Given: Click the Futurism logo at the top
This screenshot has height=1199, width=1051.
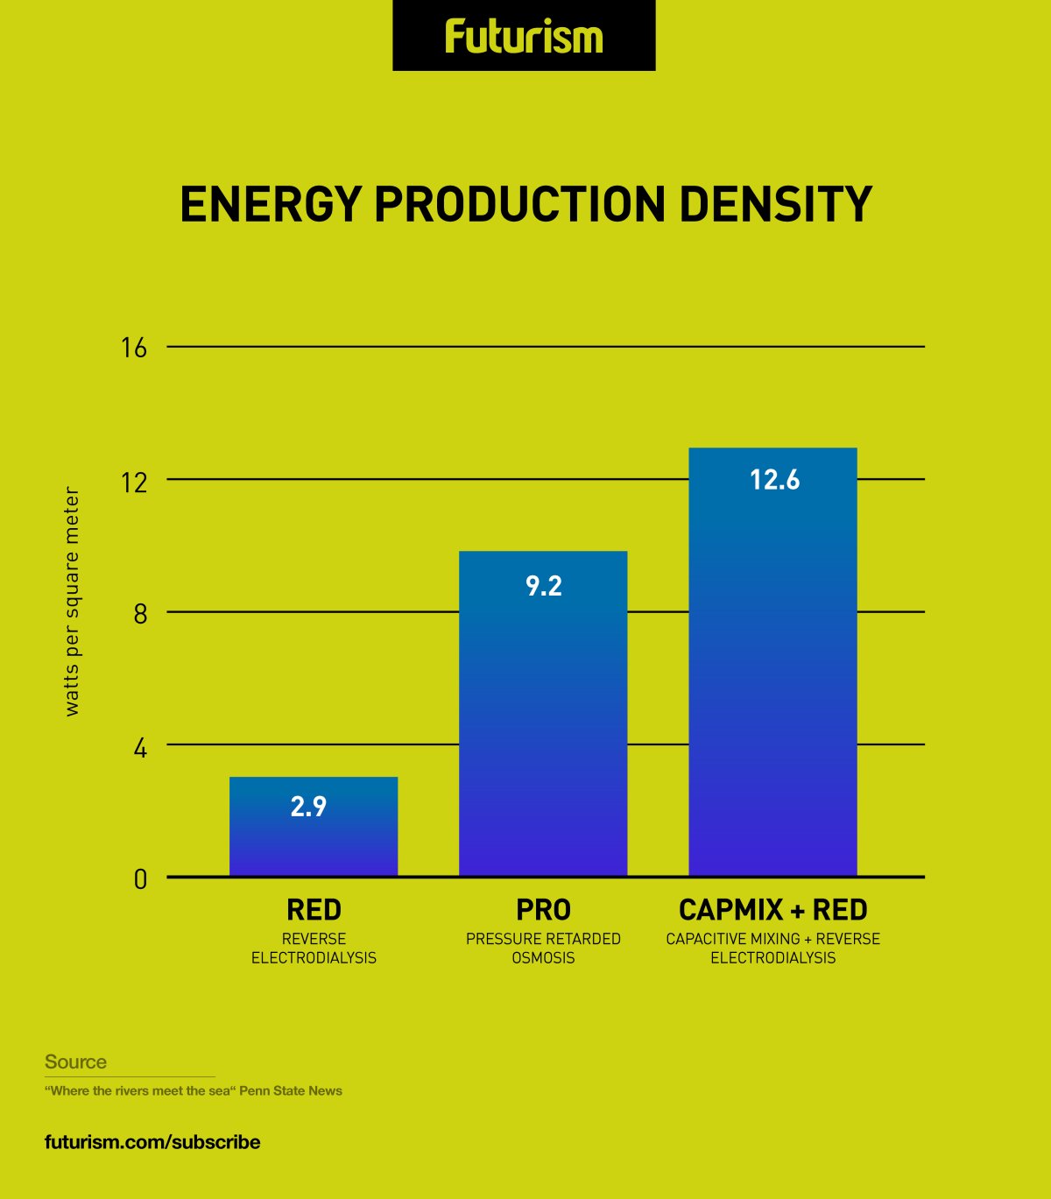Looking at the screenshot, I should click(x=524, y=37).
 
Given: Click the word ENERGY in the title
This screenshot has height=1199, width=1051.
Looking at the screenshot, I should click(x=270, y=205).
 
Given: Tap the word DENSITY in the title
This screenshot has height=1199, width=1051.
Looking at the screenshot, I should click(x=775, y=205).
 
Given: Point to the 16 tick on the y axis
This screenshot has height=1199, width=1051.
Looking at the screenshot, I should click(x=134, y=349).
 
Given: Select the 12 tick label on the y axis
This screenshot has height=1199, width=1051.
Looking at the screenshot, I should click(x=134, y=482).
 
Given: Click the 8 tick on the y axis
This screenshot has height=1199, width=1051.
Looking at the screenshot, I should click(x=140, y=614).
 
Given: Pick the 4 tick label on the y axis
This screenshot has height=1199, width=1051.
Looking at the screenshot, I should click(x=140, y=748).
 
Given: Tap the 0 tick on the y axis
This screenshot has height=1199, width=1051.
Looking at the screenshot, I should click(x=140, y=879).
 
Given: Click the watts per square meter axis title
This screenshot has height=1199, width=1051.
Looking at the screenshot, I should click(x=72, y=603).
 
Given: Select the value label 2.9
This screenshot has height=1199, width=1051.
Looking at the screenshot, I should click(x=308, y=807).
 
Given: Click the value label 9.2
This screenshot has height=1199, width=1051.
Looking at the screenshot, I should click(x=543, y=586).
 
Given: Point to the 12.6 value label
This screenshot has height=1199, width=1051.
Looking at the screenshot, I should click(x=774, y=480).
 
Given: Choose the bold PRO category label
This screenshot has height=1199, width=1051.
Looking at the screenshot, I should click(x=543, y=910).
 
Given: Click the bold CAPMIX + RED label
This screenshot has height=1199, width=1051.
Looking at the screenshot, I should click(x=772, y=910).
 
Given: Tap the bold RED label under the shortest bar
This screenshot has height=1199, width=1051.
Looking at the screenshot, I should click(x=314, y=910).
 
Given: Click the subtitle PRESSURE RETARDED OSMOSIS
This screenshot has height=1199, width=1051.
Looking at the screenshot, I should click(x=543, y=949).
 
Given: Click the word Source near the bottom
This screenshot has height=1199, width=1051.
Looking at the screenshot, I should click(x=75, y=1062).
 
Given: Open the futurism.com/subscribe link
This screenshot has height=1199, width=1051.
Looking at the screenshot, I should click(x=152, y=1142).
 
